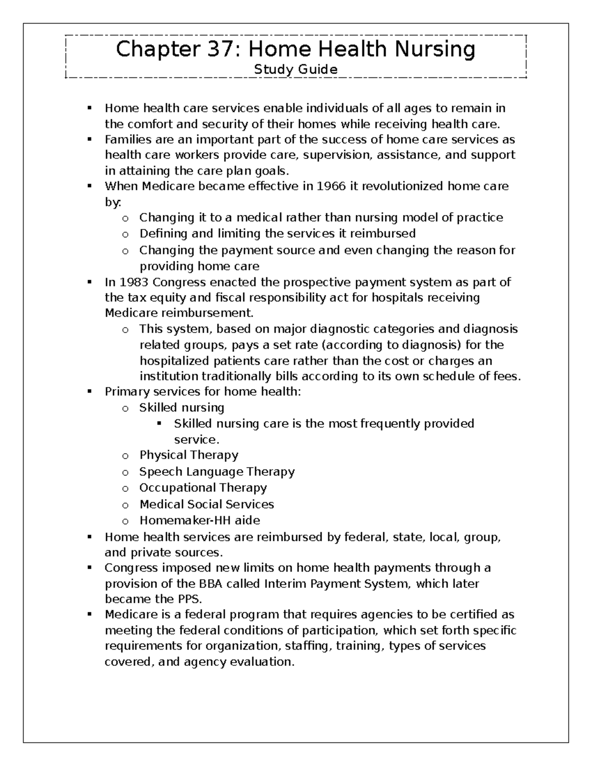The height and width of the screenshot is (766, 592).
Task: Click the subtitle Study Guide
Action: pos(296,70)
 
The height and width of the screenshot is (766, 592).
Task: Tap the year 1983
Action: pos(133,282)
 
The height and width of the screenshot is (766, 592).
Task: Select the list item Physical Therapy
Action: pos(188,455)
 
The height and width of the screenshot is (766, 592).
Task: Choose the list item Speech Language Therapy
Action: pos(217,472)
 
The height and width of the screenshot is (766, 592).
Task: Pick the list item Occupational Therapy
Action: pos(203,488)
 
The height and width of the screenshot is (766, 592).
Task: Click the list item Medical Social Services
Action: pos(206,504)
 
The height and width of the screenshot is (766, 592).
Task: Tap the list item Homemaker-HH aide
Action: pos(199,520)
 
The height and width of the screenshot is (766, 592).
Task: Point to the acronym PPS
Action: pos(189,599)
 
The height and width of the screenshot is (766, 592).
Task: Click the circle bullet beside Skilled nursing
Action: pos(125,408)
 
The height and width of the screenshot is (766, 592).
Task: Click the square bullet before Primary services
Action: pos(90,392)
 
